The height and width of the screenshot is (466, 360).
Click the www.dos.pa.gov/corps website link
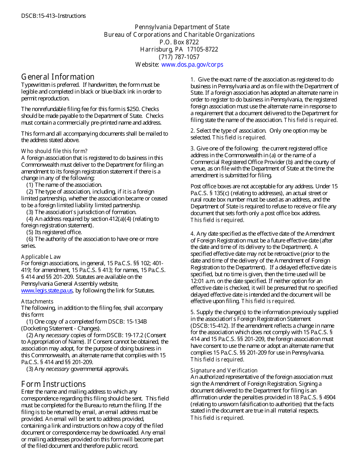coord(192,64)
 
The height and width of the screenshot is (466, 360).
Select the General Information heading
coord(58,77)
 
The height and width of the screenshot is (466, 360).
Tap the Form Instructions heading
coord(53,384)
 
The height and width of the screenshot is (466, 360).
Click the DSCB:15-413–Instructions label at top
coord(53,16)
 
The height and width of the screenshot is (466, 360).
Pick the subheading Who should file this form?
coord(54,151)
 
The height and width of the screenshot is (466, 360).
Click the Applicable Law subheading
coord(41,256)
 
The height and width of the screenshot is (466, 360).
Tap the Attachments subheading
coord(37,301)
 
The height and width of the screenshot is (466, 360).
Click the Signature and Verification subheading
coord(224,370)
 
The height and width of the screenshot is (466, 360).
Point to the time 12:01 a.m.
coord(205,281)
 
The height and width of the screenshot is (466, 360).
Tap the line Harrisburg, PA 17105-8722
coord(179,50)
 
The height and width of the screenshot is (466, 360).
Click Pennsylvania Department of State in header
coord(182,27)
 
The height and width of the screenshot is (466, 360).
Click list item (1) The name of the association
coord(64,185)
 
